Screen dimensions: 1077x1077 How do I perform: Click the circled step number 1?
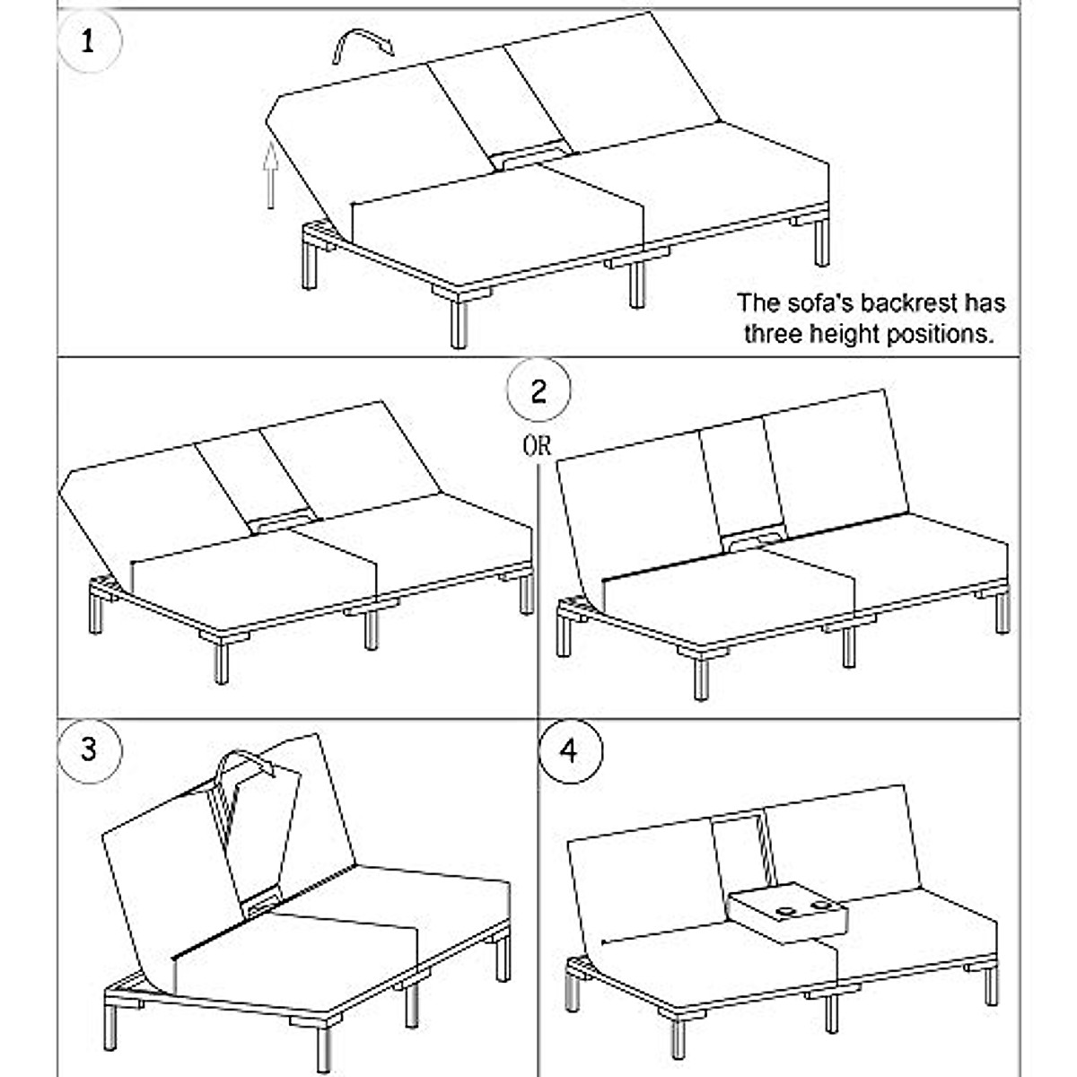click(87, 42)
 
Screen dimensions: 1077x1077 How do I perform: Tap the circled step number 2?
click(538, 391)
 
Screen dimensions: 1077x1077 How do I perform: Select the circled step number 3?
click(88, 748)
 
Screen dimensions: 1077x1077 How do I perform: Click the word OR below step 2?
click(538, 444)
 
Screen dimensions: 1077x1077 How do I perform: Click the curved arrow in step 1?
click(361, 45)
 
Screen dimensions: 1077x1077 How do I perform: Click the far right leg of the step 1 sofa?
click(821, 242)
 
